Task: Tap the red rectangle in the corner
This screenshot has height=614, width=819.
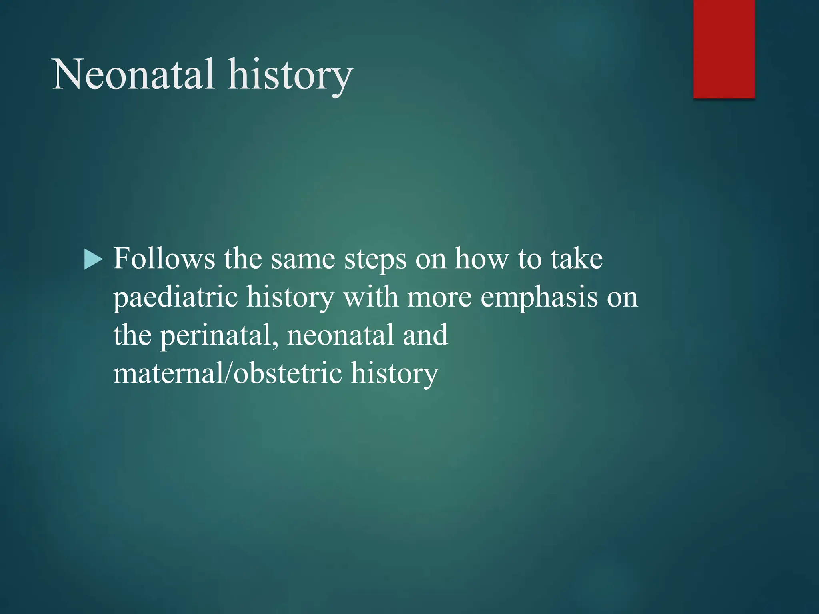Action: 724,49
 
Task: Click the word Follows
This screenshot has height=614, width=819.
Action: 164,259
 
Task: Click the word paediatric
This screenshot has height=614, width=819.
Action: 176,298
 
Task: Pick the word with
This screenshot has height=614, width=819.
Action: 371,297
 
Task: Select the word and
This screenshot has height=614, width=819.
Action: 425,335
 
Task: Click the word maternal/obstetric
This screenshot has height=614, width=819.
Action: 228,373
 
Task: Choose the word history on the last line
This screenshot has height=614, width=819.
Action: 394,374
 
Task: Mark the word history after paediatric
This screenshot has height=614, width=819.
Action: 290,298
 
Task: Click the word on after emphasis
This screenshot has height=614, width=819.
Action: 622,298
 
